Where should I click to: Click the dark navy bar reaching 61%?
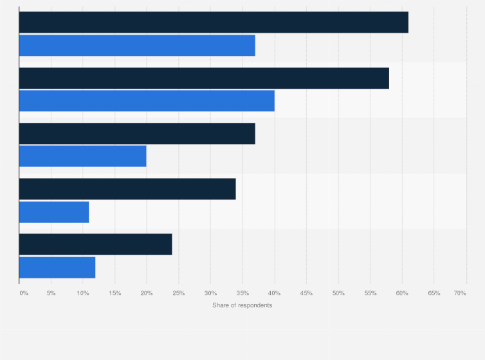pos(214,22)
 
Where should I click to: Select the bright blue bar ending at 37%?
pos(137,45)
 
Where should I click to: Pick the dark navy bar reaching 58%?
pos(204,78)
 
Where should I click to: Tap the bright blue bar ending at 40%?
pos(147,101)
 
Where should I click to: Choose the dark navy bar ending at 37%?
pos(137,133)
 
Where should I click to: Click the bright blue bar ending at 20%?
pos(83,156)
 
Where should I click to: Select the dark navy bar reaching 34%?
pos(127,189)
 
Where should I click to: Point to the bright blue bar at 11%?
pos(54,212)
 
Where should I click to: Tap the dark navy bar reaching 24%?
pos(96,244)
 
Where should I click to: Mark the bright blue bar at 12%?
pos(57,267)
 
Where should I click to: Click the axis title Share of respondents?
pos(242,305)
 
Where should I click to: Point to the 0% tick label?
pos(24,293)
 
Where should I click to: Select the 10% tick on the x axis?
pos(83,293)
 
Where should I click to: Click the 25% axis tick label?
pos(179,293)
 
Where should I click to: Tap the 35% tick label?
pos(243,293)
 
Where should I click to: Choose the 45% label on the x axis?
pos(306,293)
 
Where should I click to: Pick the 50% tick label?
pos(338,293)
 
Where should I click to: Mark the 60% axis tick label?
pos(402,293)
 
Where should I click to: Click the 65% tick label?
pos(434,293)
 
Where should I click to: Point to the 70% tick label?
pos(460,293)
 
